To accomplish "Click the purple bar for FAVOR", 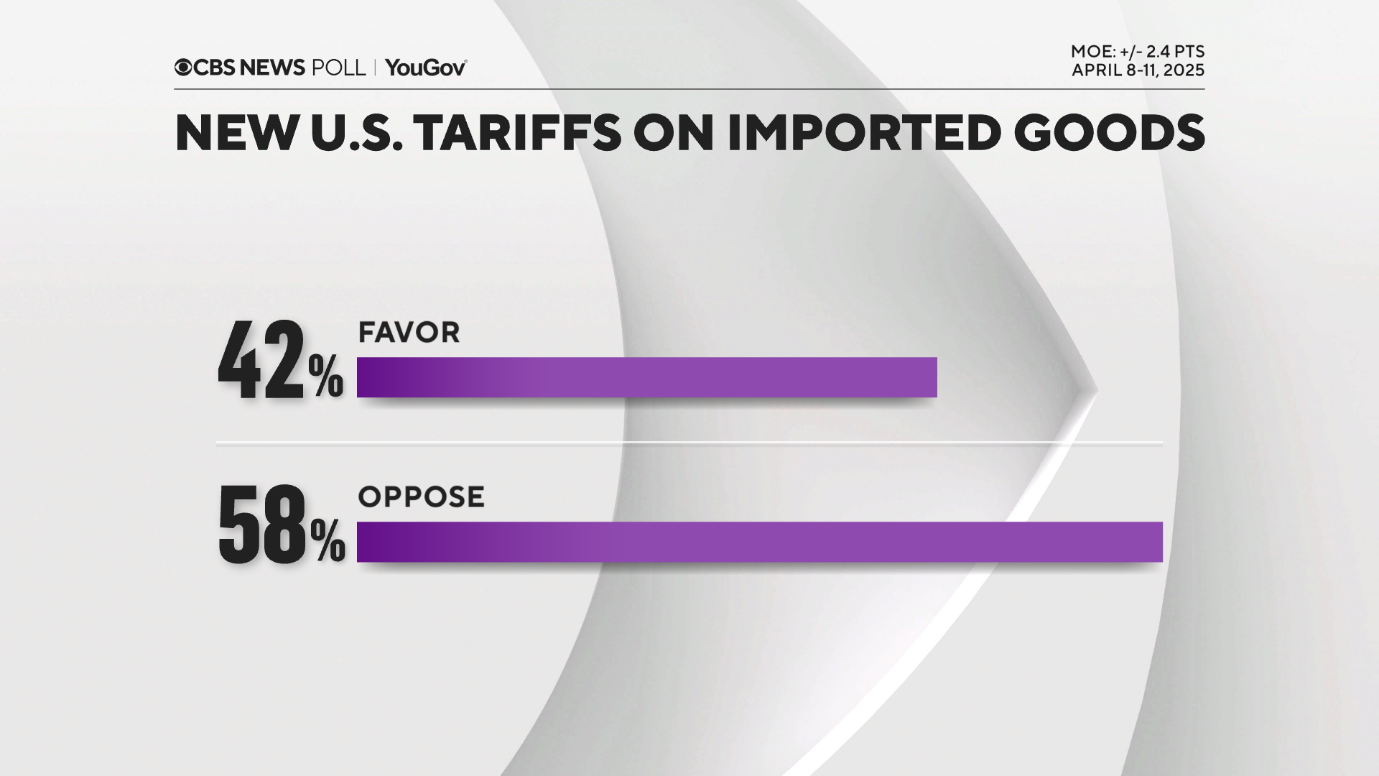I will point(646,377).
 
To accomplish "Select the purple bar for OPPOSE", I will point(759,542).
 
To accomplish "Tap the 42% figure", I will point(280,359).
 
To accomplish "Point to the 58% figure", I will point(281,523).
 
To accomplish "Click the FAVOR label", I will point(409,333).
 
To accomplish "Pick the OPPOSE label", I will point(421,497).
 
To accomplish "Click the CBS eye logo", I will point(183,68).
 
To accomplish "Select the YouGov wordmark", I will point(425,68).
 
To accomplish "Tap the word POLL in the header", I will point(338,68).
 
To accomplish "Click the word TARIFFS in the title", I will point(517,133).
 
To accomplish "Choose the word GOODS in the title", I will point(1109,133).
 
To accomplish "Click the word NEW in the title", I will point(237,133).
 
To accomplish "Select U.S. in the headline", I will point(356,133).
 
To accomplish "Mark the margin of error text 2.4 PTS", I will point(1175,52).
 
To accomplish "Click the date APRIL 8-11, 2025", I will point(1138,70).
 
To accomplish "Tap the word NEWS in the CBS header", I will point(272,68).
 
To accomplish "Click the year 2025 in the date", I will point(1184,70).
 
